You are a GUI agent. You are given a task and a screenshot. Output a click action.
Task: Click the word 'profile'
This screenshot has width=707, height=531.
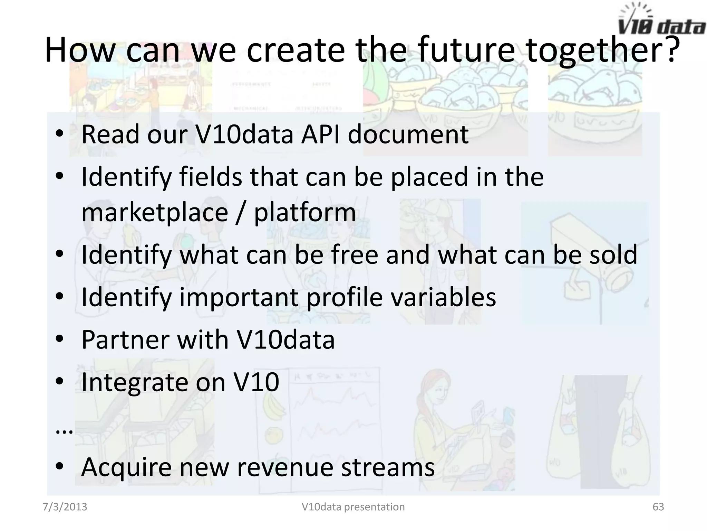pyautogui.click(x=345, y=297)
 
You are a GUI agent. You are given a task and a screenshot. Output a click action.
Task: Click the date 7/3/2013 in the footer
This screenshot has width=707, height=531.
pyautogui.click(x=65, y=507)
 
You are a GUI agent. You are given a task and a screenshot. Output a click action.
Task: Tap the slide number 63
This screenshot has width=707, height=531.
pyautogui.click(x=658, y=507)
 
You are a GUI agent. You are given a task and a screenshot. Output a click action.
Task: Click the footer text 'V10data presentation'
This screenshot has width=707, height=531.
pyautogui.click(x=353, y=507)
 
